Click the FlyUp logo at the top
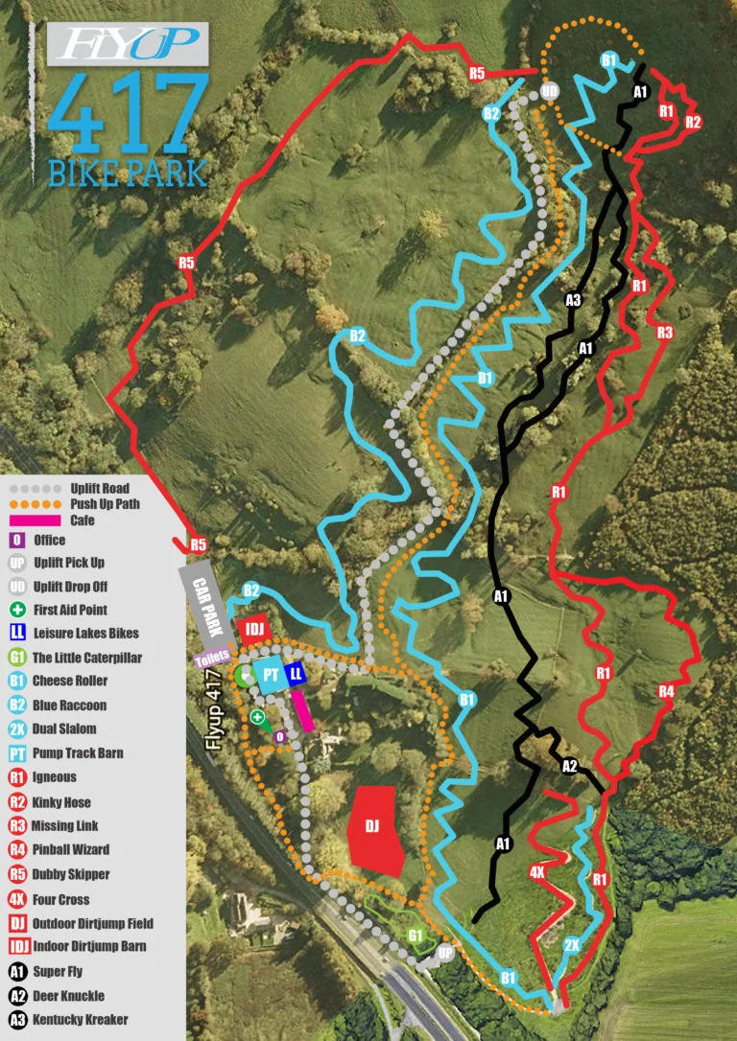tap(128, 44)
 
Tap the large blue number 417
tap(128, 114)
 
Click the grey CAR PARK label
tap(207, 601)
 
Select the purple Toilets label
tap(213, 660)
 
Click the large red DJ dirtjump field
tap(376, 827)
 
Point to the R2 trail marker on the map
tap(693, 122)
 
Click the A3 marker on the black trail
tap(573, 300)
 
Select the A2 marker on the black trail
tap(569, 765)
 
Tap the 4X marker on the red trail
tap(537, 872)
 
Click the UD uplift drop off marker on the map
tap(549, 91)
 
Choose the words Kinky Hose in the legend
tap(66, 801)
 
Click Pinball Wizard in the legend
tap(70, 849)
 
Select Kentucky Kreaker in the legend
tap(80, 1019)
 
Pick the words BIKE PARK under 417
tap(127, 173)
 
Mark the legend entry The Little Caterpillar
tap(86, 658)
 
